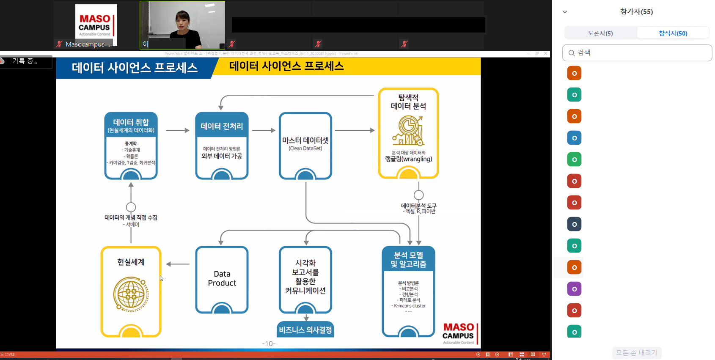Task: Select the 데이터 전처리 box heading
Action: click(222, 126)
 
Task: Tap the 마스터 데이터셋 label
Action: click(305, 141)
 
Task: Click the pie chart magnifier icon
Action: click(408, 131)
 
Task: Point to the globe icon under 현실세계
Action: click(131, 294)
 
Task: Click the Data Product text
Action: click(222, 278)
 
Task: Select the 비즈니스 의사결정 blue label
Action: click(305, 330)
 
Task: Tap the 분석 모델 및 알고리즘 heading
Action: click(408, 259)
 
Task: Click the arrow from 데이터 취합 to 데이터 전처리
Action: click(177, 130)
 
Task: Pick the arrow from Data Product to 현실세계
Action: click(178, 264)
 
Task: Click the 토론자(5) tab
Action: click(600, 33)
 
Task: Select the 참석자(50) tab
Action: click(673, 33)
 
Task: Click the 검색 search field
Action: click(637, 53)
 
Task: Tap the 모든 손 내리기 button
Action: click(636, 353)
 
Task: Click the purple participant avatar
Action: click(574, 289)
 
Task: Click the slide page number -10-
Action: click(269, 344)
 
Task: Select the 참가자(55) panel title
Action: click(636, 11)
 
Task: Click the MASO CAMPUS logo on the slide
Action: click(458, 333)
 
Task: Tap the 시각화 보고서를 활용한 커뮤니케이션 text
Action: click(305, 277)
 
